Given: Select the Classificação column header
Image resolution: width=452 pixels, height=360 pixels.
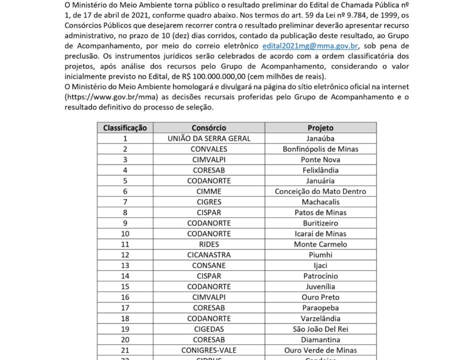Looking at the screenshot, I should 125,127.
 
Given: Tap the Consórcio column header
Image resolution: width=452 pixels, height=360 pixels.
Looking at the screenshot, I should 209,127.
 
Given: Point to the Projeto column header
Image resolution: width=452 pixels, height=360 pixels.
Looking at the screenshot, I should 320,127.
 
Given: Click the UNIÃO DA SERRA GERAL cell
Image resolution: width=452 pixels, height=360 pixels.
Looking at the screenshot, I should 209,138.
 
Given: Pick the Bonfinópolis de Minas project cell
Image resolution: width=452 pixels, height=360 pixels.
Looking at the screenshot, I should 320,149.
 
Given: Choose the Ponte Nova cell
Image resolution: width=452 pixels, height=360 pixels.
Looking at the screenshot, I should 320,159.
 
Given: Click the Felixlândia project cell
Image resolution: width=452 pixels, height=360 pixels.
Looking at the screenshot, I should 320,170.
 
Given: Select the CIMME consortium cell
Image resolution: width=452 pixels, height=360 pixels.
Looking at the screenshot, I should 209,191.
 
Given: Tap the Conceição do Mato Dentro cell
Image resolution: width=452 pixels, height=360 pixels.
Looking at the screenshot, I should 320,191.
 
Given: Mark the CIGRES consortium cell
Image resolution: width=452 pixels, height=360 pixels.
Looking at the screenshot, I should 209,202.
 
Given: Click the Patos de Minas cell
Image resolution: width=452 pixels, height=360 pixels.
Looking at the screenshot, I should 320,212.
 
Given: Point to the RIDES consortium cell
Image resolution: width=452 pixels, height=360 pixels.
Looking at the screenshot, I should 209,244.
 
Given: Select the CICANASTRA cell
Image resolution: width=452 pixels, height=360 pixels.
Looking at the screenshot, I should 209,255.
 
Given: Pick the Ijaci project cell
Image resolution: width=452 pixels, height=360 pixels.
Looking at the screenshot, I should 320,265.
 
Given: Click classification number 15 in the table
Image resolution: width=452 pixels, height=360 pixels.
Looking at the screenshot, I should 125,287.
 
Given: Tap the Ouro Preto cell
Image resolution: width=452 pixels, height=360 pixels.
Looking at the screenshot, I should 320,297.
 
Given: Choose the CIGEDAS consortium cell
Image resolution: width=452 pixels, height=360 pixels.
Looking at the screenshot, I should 209,329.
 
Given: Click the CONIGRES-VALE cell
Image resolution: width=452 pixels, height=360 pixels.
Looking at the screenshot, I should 209,350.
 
